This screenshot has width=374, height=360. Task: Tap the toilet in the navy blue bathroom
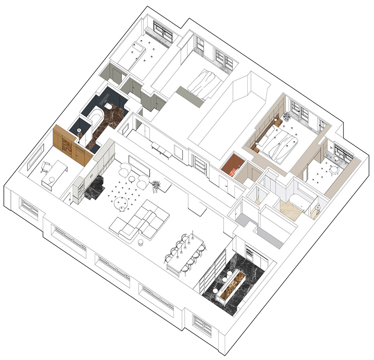pos(109,106)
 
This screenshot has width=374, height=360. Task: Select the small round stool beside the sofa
pos(141,242)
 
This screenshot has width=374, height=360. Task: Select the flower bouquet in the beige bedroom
pos(287,116)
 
